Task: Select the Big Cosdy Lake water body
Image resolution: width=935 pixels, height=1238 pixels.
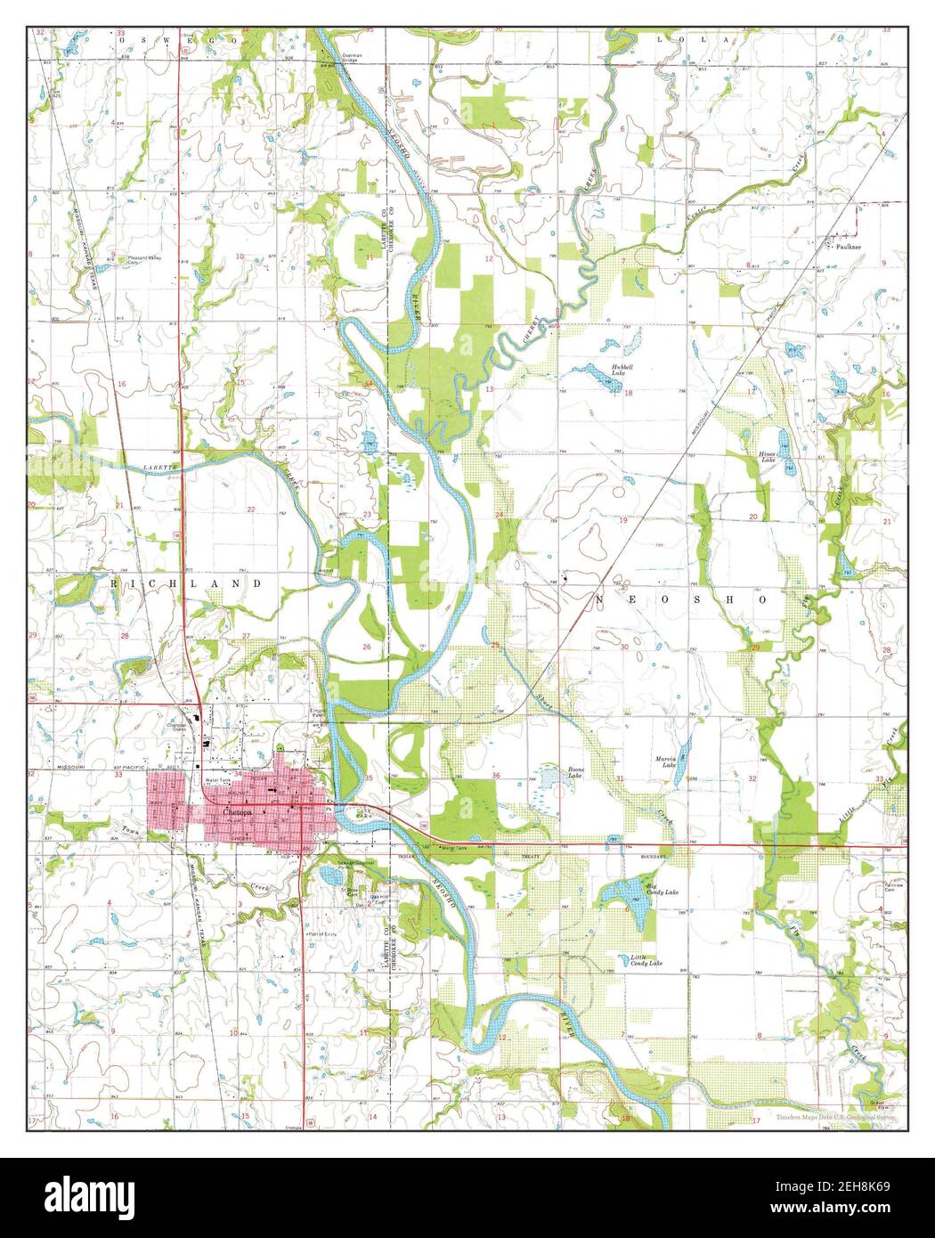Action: (626, 894)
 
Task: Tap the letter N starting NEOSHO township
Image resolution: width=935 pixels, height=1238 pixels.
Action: (599, 600)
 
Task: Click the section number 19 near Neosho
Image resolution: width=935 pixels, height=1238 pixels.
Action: (622, 520)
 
